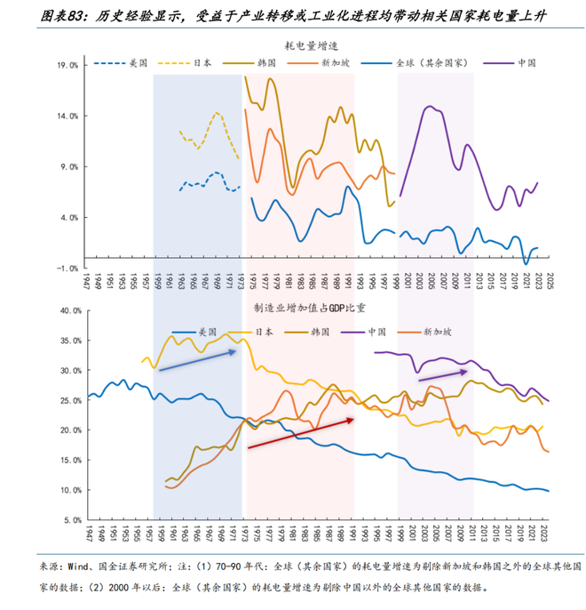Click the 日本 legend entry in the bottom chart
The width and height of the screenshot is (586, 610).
pos(263,331)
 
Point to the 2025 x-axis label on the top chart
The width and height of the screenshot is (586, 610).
pos(550,283)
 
